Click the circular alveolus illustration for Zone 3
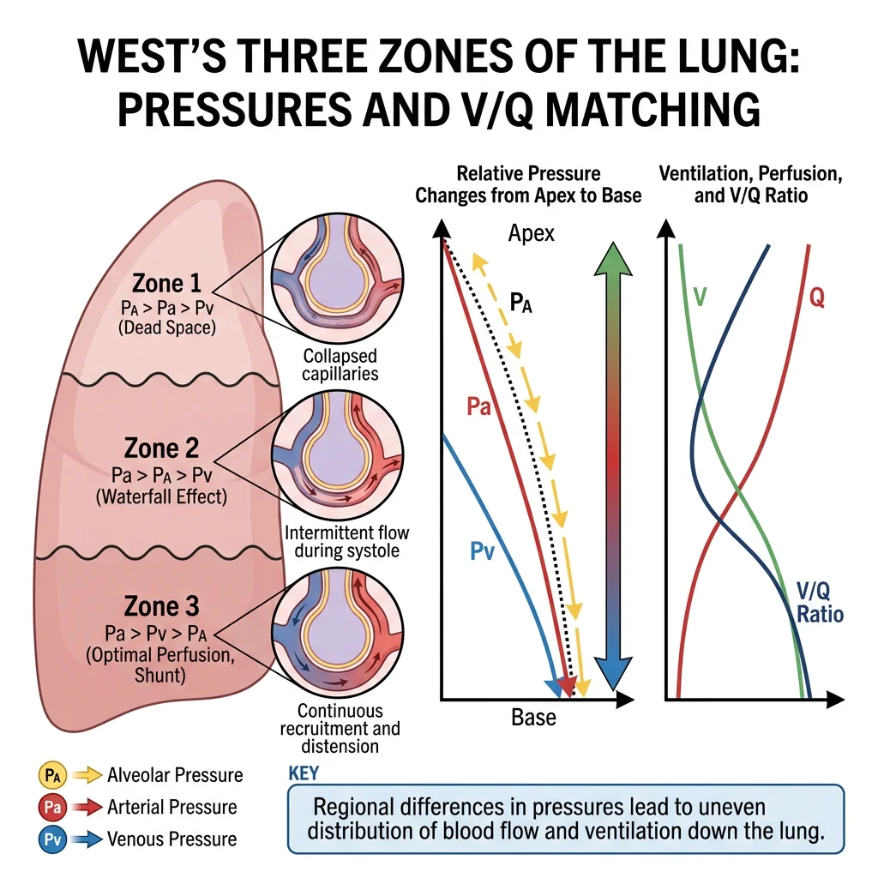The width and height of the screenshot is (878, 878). (x=327, y=634)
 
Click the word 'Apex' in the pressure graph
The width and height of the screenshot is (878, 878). (x=532, y=233)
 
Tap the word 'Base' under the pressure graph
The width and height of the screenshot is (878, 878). (x=533, y=717)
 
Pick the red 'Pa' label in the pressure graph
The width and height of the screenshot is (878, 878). (x=478, y=405)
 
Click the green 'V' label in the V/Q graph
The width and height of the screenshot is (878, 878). (x=700, y=298)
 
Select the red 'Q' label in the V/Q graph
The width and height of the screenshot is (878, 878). (x=817, y=298)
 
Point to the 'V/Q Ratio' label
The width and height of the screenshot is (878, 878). (x=820, y=603)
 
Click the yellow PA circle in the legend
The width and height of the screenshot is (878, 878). (x=51, y=776)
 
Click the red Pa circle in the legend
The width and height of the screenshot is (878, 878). (x=51, y=807)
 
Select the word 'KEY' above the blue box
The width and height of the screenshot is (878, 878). (x=304, y=773)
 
